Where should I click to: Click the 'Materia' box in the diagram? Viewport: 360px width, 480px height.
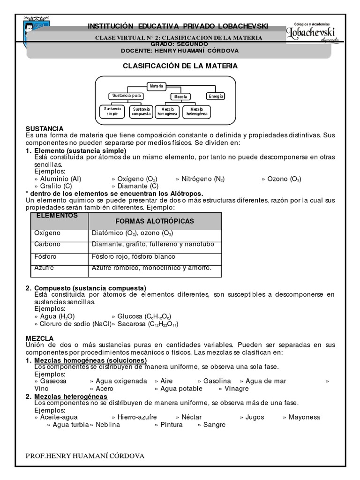pos(156,86)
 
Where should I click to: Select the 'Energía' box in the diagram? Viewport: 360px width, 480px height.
pos(216,96)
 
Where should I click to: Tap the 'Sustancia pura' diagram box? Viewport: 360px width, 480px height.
pos(125,96)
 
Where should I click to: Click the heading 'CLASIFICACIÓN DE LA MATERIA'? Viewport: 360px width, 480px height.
pos(180,66)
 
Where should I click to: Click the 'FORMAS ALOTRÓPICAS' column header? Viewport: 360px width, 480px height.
pos(155,221)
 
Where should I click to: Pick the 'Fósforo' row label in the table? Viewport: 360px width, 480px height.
pos(45,256)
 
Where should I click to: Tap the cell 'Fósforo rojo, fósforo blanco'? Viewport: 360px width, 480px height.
pos(134,256)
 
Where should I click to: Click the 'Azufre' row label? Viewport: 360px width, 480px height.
pos(44,268)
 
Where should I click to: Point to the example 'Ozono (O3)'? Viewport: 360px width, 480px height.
pos(284,179)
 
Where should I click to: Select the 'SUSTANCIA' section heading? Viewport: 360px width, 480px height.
pos(45,128)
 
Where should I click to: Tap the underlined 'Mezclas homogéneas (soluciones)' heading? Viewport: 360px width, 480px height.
pos(90,360)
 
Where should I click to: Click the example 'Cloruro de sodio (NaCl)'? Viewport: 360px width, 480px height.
pos(73,323)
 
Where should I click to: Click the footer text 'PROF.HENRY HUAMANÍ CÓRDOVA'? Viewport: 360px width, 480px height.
pos(85,456)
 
